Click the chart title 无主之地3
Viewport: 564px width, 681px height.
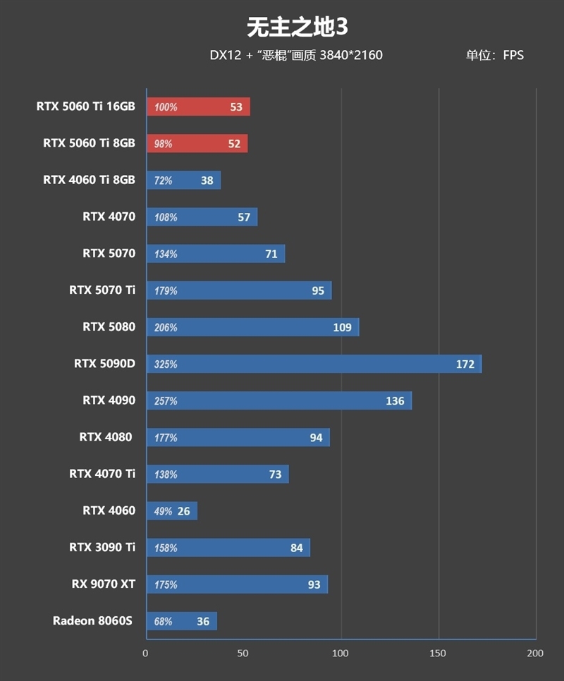point(297,27)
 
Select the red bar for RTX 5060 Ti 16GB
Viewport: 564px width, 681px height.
point(198,107)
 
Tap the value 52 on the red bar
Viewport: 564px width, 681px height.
point(234,144)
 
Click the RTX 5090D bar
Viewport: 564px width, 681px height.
point(314,364)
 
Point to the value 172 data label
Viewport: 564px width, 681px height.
point(465,364)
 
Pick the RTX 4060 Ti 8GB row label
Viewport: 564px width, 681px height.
point(89,180)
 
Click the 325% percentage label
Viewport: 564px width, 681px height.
point(166,364)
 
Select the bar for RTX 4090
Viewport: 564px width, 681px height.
point(278,401)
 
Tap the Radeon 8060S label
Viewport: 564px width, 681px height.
point(92,621)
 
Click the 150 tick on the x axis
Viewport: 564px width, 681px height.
point(439,654)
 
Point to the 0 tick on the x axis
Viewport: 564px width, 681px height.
point(146,654)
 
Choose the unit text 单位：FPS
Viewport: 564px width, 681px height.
point(494,55)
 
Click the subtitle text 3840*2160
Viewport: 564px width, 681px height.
point(351,55)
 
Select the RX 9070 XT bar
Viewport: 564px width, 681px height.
point(237,584)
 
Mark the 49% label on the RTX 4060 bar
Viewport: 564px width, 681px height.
point(163,511)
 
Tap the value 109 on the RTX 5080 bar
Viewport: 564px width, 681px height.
point(342,328)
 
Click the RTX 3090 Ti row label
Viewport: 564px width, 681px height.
point(102,548)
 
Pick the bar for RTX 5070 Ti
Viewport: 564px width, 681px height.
point(238,290)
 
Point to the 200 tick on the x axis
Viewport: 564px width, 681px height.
point(535,654)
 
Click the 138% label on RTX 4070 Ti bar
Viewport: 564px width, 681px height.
point(166,474)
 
